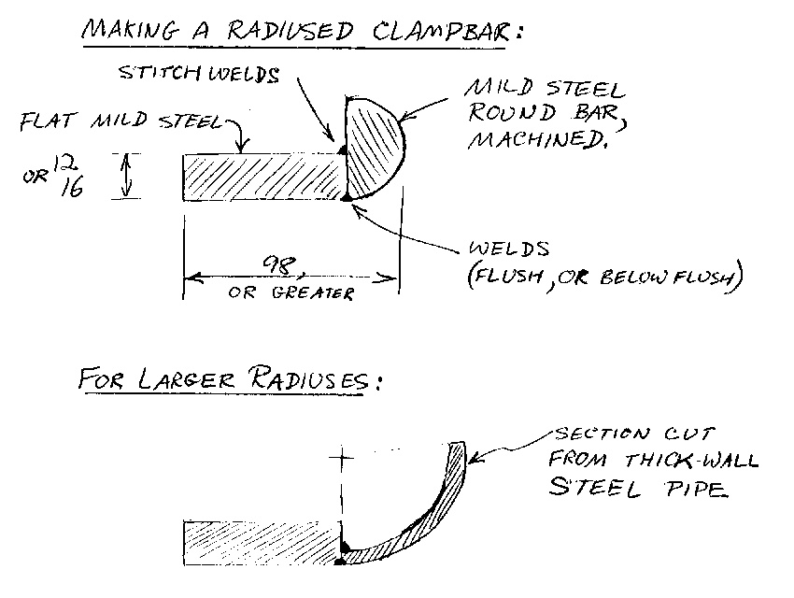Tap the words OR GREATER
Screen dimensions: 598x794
291,293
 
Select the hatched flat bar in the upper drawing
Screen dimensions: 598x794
262,176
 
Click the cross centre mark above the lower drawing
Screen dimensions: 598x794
343,460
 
